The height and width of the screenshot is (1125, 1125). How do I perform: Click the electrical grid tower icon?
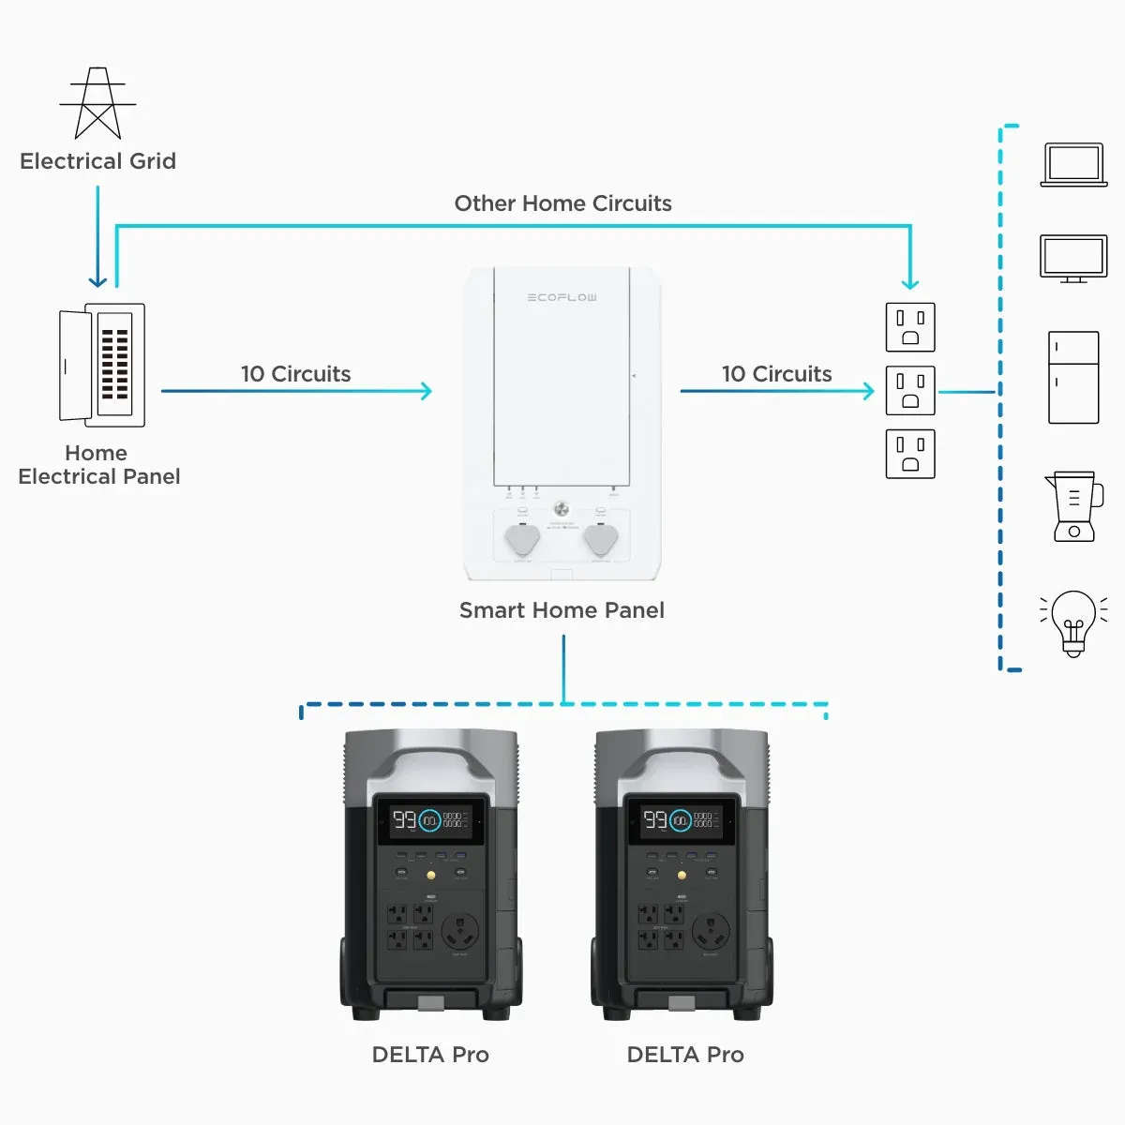pyautogui.click(x=97, y=103)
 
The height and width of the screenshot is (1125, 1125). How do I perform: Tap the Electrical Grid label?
pyautogui.click(x=97, y=161)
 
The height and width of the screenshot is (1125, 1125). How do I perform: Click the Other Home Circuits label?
pyautogui.click(x=562, y=203)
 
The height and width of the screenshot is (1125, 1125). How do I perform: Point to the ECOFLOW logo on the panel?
pyautogui.click(x=562, y=297)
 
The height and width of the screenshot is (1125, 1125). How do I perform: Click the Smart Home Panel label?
pyautogui.click(x=562, y=610)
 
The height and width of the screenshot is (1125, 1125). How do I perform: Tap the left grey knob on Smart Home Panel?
pyautogui.click(x=522, y=540)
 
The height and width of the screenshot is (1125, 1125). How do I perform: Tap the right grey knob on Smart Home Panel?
pyautogui.click(x=600, y=540)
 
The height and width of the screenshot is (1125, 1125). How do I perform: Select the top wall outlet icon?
pyautogui.click(x=910, y=327)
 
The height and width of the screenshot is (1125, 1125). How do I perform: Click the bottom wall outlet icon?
pyautogui.click(x=910, y=454)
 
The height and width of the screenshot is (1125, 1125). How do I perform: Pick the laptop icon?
pyautogui.click(x=1073, y=165)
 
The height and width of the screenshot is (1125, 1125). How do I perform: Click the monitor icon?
pyautogui.click(x=1073, y=258)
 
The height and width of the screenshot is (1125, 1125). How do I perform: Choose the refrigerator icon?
pyautogui.click(x=1073, y=377)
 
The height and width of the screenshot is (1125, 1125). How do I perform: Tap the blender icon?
pyautogui.click(x=1073, y=506)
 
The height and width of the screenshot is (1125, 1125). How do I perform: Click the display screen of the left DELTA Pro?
pyautogui.click(x=430, y=820)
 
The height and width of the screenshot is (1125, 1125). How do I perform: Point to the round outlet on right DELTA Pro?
pyautogui.click(x=710, y=932)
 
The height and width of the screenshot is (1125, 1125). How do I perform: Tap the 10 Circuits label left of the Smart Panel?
pyautogui.click(x=295, y=374)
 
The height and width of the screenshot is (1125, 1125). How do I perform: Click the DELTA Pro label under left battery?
pyautogui.click(x=430, y=1055)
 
